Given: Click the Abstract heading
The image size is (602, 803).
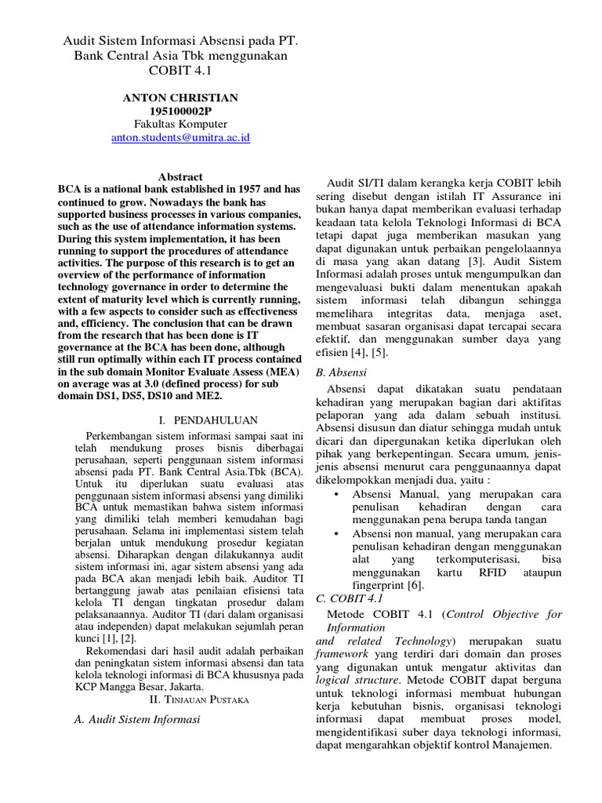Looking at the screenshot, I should pyautogui.click(x=180, y=177).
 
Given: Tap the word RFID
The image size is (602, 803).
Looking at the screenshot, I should pyautogui.click(x=476, y=572).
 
